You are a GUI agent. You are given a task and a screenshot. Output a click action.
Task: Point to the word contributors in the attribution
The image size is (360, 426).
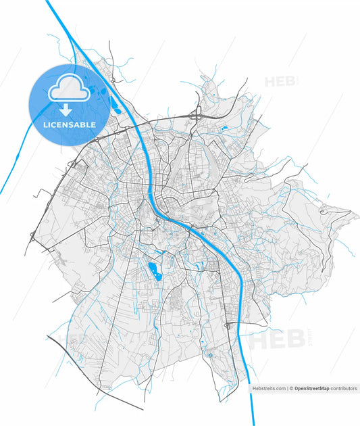coord(344,389)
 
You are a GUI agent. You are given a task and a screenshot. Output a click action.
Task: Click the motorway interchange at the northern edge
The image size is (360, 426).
coord(197,114)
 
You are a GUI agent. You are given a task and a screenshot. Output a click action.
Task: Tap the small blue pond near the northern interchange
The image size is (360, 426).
coord(225,126)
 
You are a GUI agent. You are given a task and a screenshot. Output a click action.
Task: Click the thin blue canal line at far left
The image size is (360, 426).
coord(14,168)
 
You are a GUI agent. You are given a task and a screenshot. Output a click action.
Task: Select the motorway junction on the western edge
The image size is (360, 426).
coord(32,236)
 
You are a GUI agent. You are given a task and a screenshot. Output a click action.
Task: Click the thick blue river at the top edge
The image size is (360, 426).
coord(49,4)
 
